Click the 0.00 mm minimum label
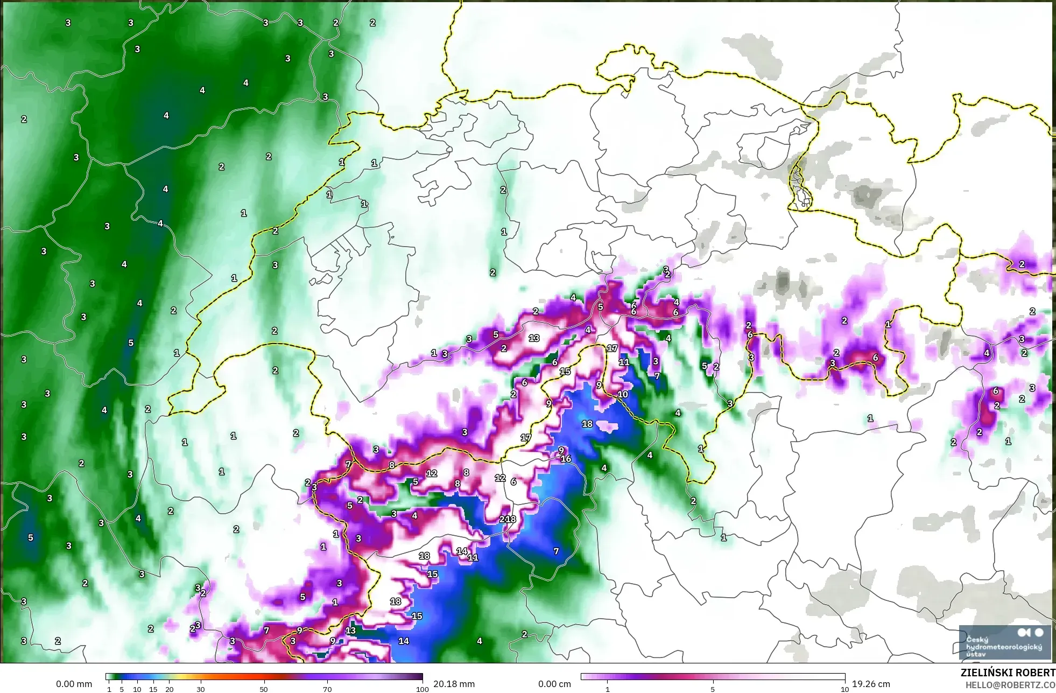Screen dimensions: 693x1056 click(74, 684)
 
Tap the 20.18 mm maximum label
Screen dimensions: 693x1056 click(454, 684)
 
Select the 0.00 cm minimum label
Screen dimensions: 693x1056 click(554, 684)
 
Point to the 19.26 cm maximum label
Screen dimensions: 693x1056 click(871, 684)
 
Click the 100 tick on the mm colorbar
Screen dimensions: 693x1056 click(423, 689)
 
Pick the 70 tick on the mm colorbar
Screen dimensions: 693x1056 click(327, 689)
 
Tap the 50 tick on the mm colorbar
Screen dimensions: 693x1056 click(264, 689)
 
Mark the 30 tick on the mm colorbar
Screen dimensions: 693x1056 click(201, 689)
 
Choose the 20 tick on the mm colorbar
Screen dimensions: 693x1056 click(170, 689)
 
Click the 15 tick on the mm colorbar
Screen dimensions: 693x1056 click(153, 689)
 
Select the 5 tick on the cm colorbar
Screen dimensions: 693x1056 click(713, 689)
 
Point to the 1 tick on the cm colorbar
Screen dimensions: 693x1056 click(608, 689)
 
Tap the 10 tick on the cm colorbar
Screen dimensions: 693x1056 click(845, 689)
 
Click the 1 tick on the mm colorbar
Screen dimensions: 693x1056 click(109, 689)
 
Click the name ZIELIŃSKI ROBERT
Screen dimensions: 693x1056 click(1008, 673)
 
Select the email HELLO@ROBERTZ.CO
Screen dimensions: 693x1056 click(1010, 685)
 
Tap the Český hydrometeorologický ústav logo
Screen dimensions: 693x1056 click(1004, 642)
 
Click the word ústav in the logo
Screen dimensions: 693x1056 click(976, 654)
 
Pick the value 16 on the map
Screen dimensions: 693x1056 click(566, 459)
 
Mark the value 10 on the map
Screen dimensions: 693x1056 click(623, 394)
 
